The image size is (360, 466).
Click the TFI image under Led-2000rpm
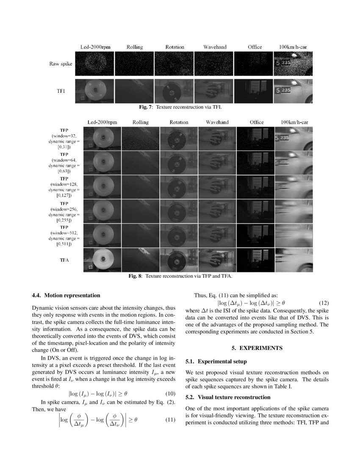pos(94,91)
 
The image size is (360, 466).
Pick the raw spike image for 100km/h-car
pos(294,64)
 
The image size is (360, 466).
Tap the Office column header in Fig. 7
pos(255,47)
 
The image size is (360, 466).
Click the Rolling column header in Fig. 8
pos(140,122)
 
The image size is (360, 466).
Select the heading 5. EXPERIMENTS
pos(257,348)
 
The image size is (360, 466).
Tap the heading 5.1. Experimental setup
pos(216,362)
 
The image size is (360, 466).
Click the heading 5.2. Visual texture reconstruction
pos(228,397)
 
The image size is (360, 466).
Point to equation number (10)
pos(169,394)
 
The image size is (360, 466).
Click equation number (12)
pos(323,303)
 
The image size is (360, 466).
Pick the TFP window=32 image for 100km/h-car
pos(294,139)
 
